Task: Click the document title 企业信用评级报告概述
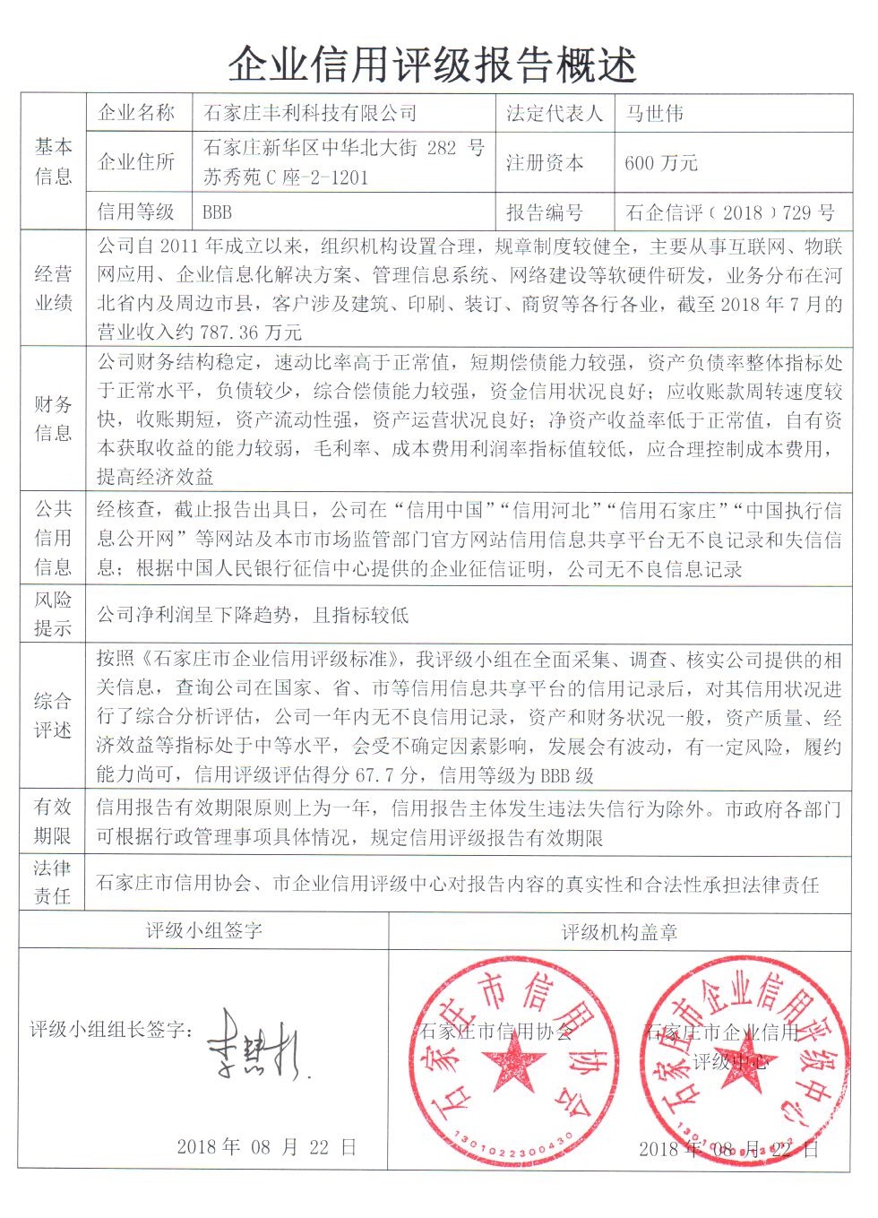click(432, 65)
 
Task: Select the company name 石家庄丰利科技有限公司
click(310, 114)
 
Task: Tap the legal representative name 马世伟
click(654, 114)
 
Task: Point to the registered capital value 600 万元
click(661, 163)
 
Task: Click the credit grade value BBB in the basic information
click(217, 212)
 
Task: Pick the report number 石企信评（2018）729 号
click(730, 212)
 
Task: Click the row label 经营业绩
click(53, 288)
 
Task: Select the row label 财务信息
click(53, 419)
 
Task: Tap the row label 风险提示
click(53, 613)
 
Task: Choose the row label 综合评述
click(53, 715)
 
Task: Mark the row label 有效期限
click(53, 821)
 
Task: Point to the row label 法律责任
click(53, 882)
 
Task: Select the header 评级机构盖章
click(619, 932)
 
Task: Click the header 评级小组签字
click(204, 930)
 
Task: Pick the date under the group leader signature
click(266, 1146)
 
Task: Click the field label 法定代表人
click(555, 114)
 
